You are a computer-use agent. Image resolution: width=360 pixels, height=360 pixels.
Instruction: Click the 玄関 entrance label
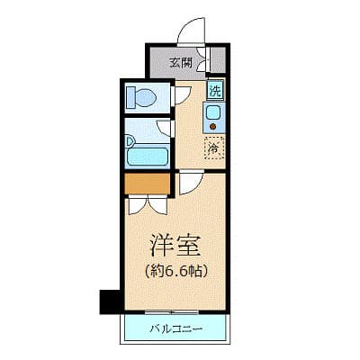(x=180, y=63)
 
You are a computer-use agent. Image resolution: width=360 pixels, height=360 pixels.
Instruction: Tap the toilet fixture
(x=140, y=97)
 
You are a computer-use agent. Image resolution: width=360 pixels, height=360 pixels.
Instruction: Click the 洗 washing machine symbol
(x=215, y=90)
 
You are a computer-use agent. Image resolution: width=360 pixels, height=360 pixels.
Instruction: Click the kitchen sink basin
(x=214, y=114)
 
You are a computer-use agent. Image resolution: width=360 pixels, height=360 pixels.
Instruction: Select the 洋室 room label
(x=174, y=244)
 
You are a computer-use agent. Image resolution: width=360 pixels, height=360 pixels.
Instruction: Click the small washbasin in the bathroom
(x=131, y=140)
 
